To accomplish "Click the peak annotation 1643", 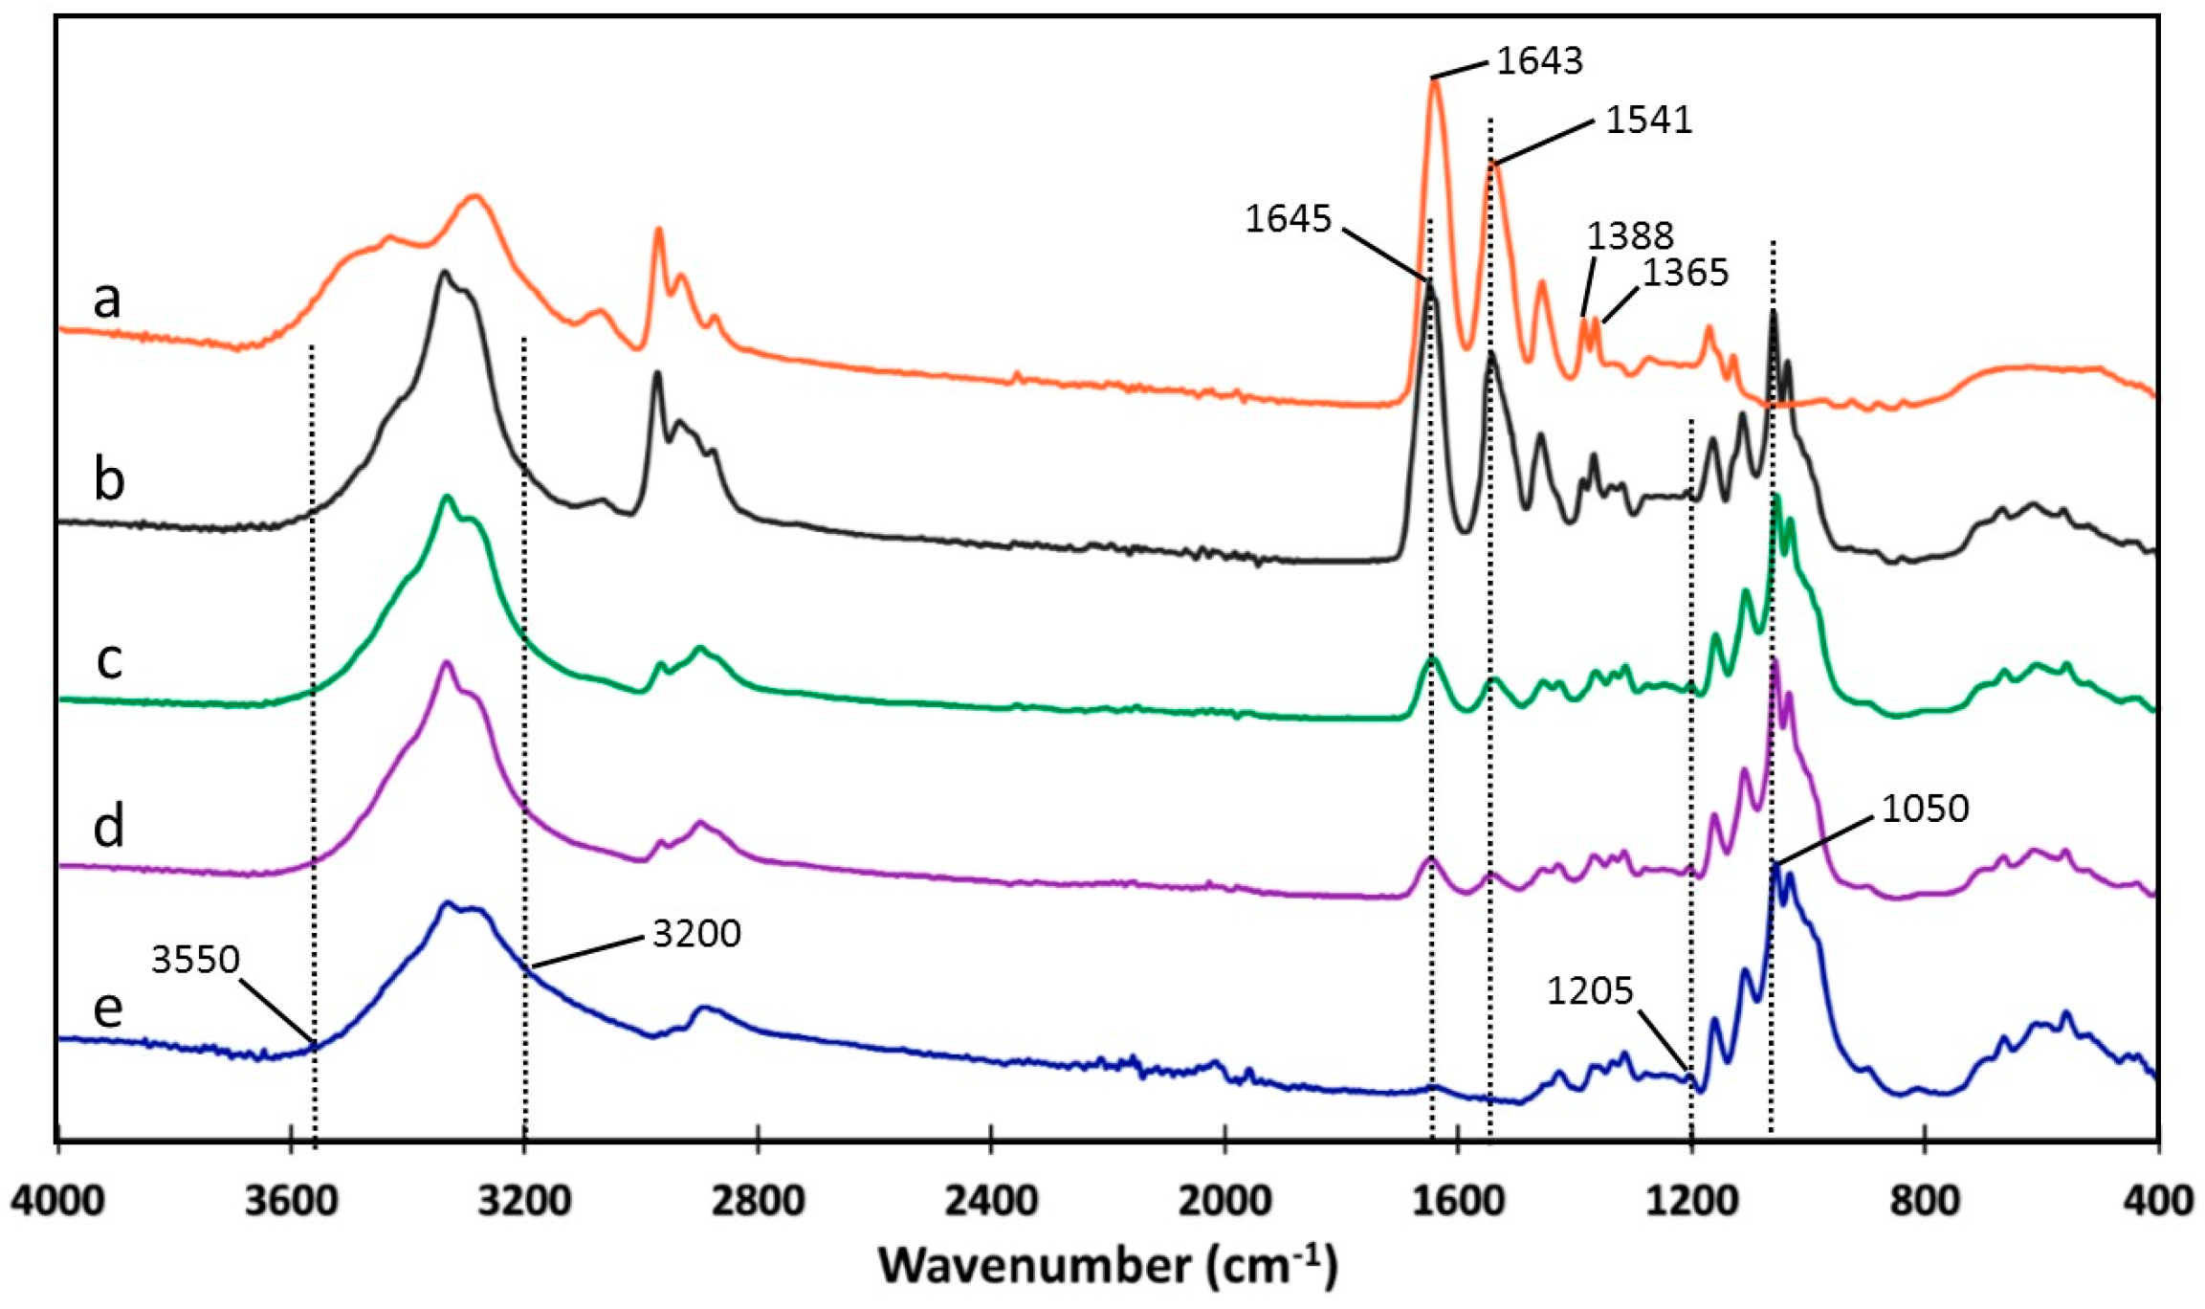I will [1539, 61].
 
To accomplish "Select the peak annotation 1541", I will [1648, 121].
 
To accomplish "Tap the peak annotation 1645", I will [1288, 219].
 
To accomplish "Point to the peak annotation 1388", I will [1630, 235].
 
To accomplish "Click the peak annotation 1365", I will [1686, 273].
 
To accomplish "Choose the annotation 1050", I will [1925, 810].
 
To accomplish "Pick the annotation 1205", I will [1590, 992].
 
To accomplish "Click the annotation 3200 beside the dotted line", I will [696, 933].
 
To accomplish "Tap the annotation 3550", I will [195, 960].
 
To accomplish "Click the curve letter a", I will [107, 299].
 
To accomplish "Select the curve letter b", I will [109, 478].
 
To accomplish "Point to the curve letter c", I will [109, 659].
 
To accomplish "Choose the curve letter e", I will [108, 1008].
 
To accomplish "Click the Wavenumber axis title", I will [1107, 1266].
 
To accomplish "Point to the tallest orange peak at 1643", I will [1434, 84].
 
